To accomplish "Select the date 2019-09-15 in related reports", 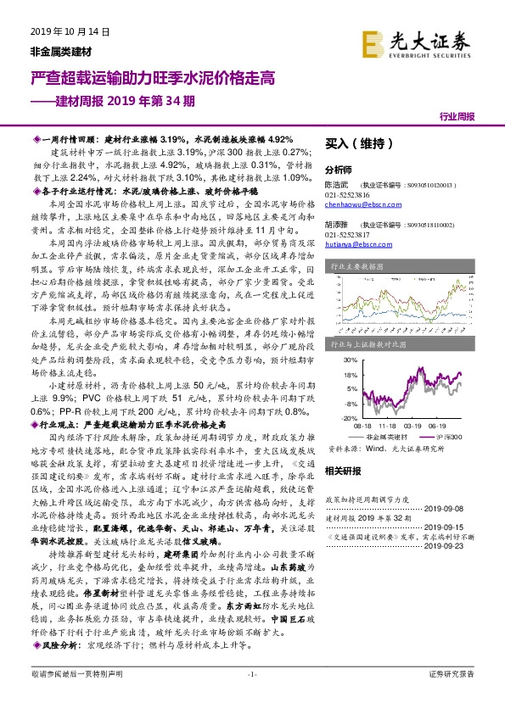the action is pyautogui.click(x=458, y=524).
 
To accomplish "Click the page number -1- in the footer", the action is pyautogui.click(x=251, y=698).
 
